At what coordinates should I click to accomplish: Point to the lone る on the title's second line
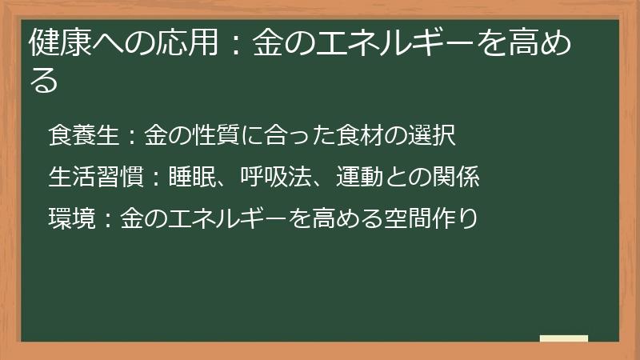point(44,81)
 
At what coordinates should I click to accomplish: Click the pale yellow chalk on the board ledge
point(564,338)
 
